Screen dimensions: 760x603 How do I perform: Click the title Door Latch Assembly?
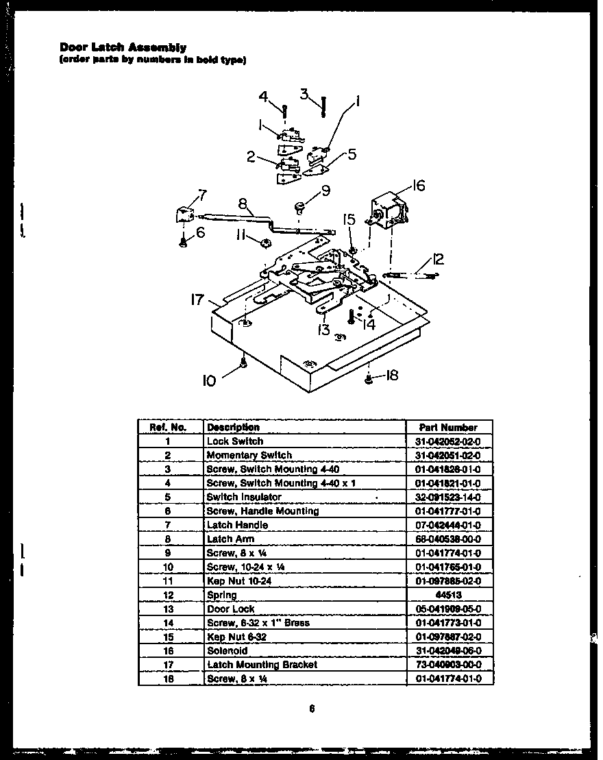tap(123, 48)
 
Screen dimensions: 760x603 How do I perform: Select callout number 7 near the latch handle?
tap(201, 195)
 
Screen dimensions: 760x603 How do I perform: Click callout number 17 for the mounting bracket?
tap(198, 299)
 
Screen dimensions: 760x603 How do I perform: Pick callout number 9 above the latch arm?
tap(325, 191)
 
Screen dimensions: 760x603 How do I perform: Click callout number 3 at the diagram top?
tap(305, 93)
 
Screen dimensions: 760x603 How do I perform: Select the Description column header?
tap(233, 427)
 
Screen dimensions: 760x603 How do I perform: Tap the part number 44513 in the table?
tap(448, 595)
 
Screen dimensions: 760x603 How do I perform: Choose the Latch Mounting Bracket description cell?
tap(262, 665)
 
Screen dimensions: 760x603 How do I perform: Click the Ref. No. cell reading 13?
tap(168, 609)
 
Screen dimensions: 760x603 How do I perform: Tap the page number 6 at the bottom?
tap(311, 709)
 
